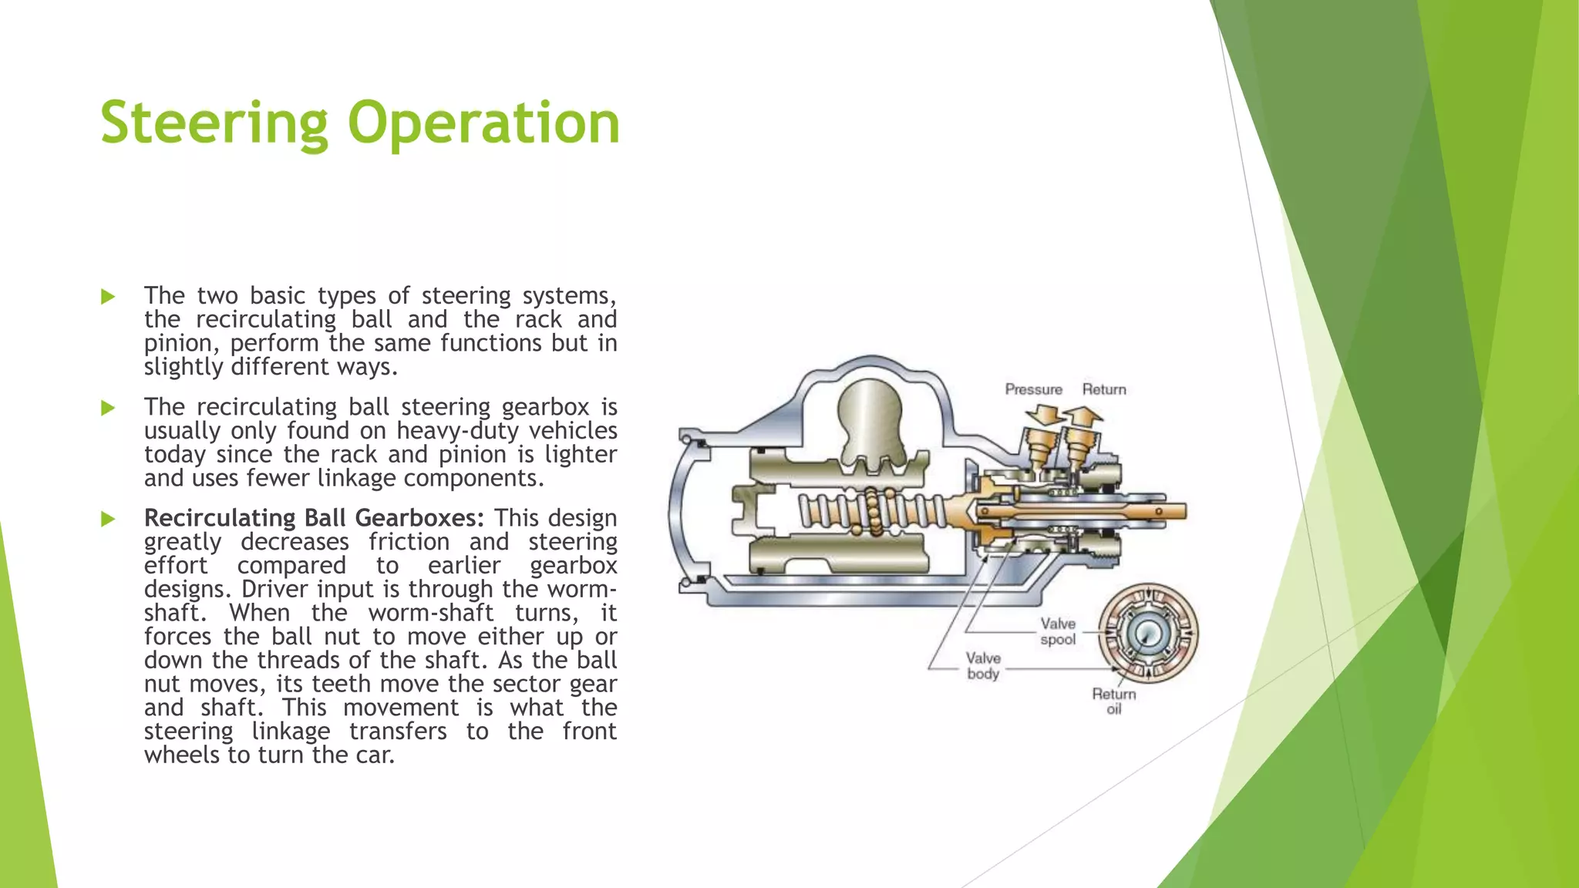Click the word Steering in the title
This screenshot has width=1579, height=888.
[x=214, y=123]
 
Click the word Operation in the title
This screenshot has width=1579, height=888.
[x=483, y=123]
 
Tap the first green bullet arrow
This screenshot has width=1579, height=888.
[x=108, y=297]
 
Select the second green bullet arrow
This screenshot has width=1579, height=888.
[x=108, y=408]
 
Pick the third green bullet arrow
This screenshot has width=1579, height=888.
[x=108, y=519]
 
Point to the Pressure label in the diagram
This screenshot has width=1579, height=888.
[x=1033, y=390]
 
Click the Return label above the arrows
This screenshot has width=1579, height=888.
[x=1104, y=390]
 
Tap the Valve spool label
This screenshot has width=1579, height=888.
[x=1058, y=631]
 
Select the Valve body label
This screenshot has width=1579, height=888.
[x=983, y=666]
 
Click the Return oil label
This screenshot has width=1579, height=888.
[x=1114, y=701]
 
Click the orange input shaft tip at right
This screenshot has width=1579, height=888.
[x=1172, y=510]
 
